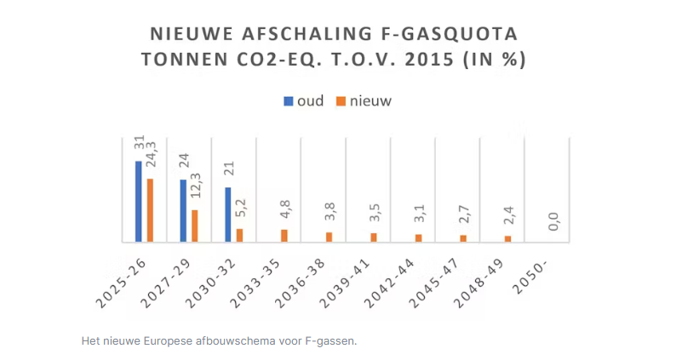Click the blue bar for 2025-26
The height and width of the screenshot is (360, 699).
click(138, 201)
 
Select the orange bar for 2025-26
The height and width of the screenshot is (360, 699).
click(150, 209)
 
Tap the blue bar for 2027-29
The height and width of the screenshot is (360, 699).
click(183, 210)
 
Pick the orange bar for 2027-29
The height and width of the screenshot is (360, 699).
click(194, 226)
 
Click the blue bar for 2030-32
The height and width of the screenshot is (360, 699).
click(227, 214)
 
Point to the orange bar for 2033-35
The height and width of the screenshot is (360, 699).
click(284, 236)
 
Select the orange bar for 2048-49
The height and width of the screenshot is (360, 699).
click(507, 238)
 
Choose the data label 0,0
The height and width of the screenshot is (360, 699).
click(553, 222)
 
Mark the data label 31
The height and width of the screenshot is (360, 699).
click(138, 144)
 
